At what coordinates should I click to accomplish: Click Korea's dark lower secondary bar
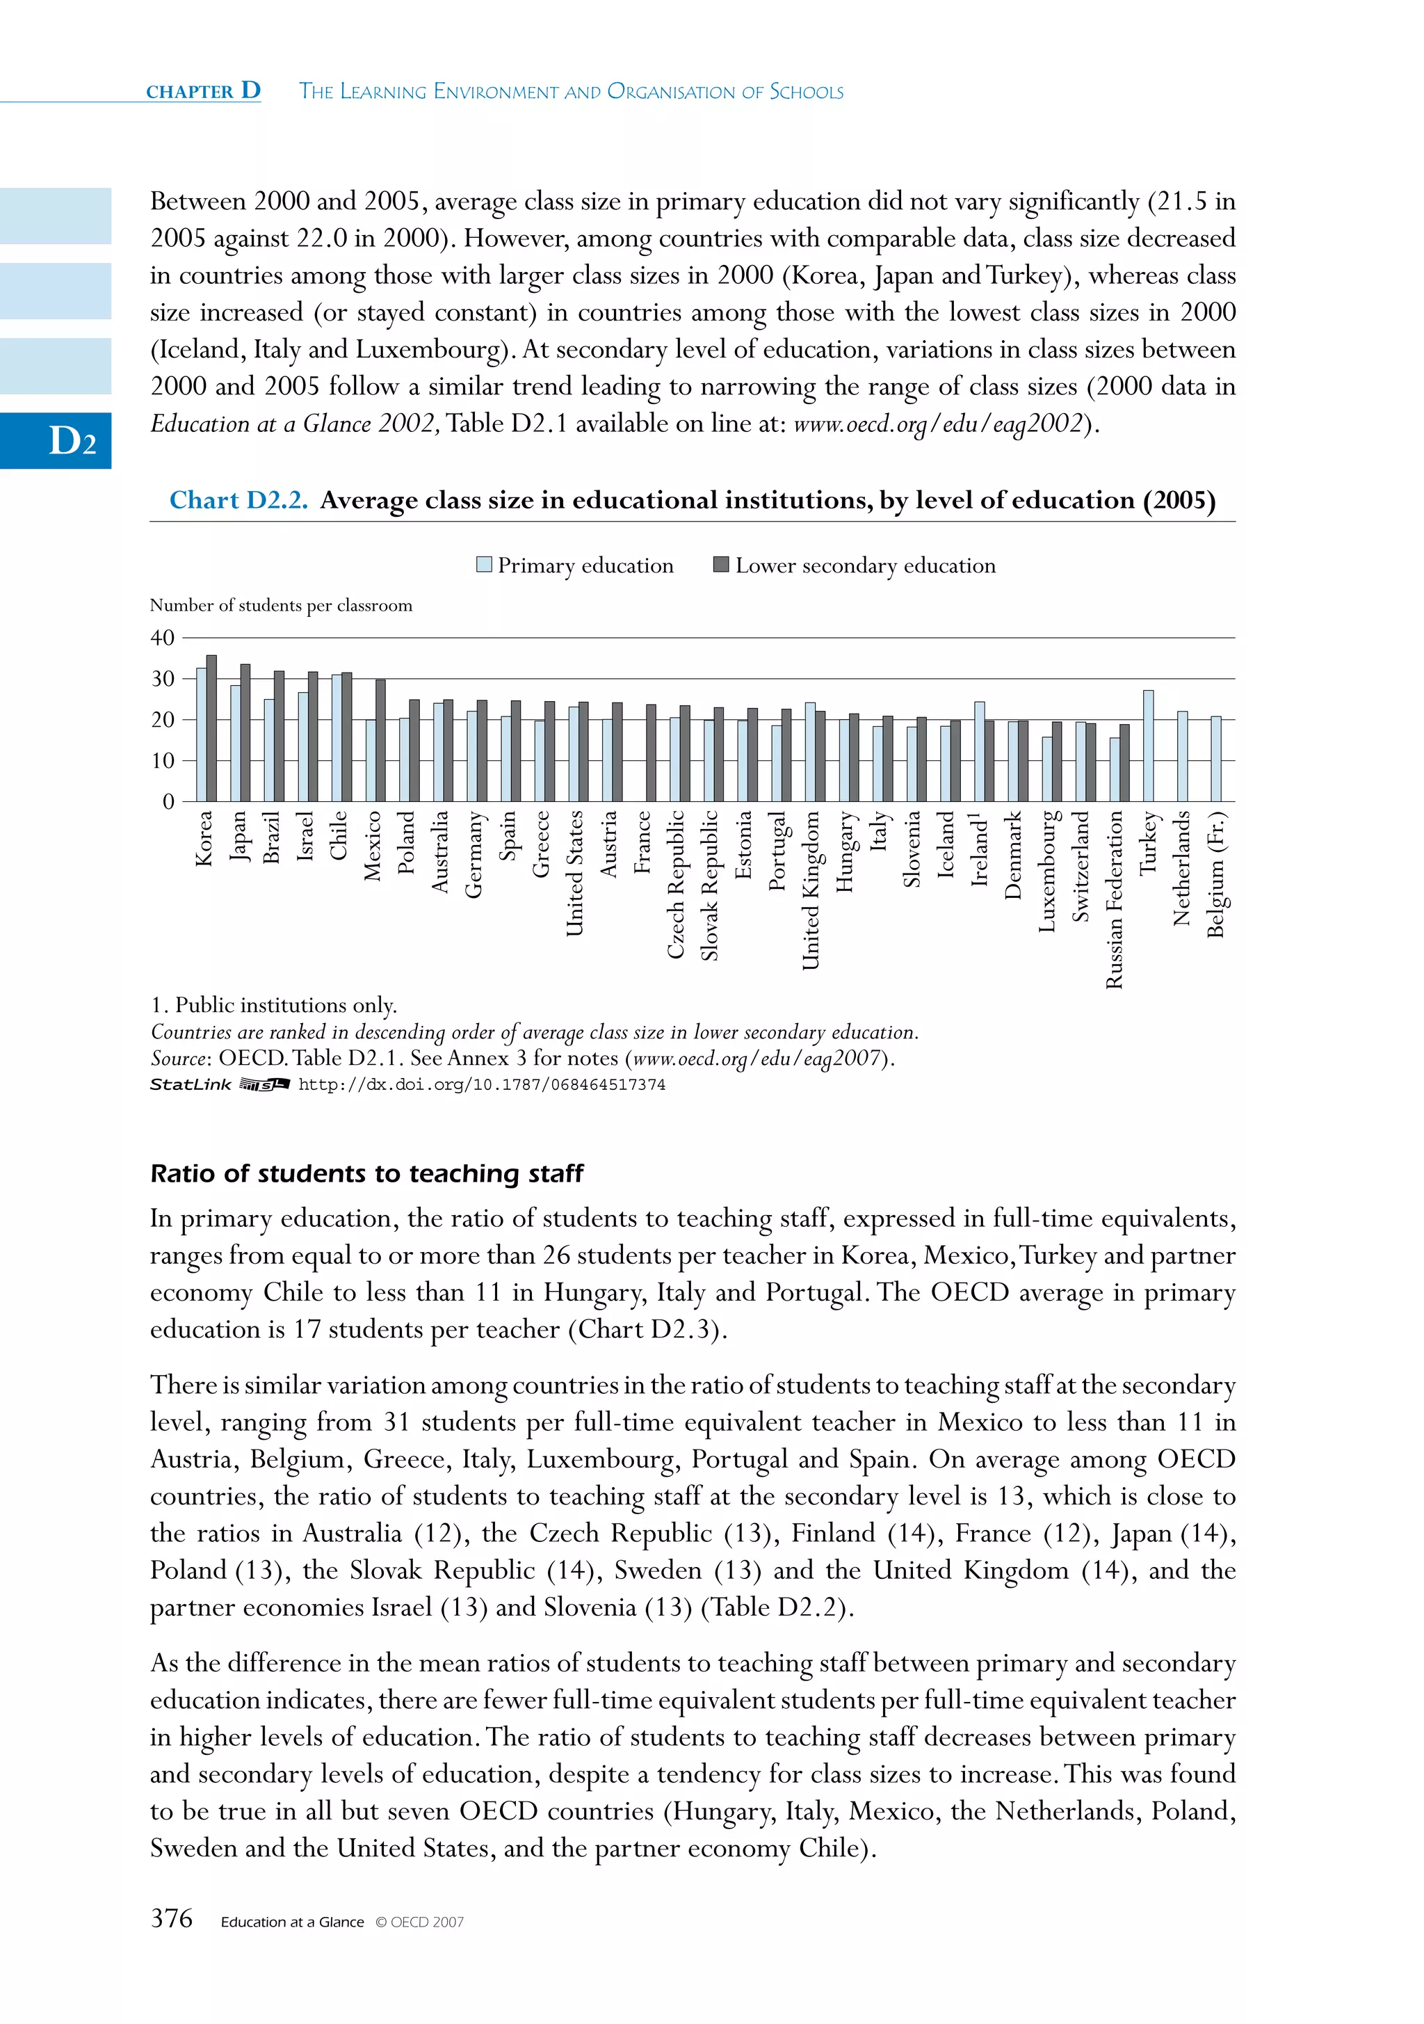[211, 728]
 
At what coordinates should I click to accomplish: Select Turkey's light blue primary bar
[1148, 746]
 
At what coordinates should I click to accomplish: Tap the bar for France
[650, 753]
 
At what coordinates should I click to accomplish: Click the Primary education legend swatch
[484, 565]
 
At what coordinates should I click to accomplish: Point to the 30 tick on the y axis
[163, 679]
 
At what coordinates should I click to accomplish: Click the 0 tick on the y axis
[168, 801]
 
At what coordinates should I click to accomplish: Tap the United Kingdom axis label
[811, 890]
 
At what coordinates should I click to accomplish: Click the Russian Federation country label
[1114, 899]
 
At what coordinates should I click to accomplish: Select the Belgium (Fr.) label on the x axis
[1216, 874]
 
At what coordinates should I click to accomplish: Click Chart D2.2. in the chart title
[238, 501]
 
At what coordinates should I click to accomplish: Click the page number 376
[172, 1919]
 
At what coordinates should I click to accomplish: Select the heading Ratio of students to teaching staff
[366, 1173]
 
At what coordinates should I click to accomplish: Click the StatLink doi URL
[482, 1085]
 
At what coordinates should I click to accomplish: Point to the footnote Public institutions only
[274, 1005]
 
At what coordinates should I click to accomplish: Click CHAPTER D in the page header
[204, 91]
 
